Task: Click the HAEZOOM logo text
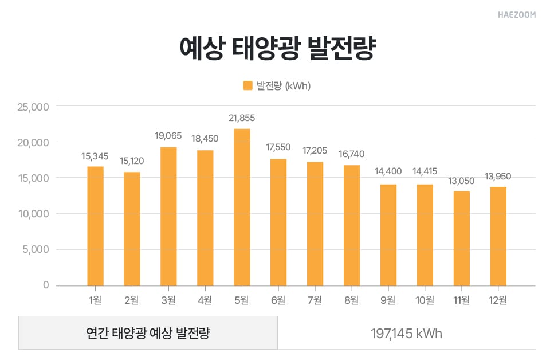point(516,15)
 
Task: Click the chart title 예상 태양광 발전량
point(277,49)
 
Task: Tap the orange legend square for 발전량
point(247,85)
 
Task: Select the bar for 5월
point(242,206)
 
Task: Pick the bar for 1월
point(95,225)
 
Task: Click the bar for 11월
point(462,238)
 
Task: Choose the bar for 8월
point(352,225)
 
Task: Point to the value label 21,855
point(242,118)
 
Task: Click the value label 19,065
point(168,136)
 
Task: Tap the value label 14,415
point(425,171)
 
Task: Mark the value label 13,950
point(498,177)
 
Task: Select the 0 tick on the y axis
point(46,285)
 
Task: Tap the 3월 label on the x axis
point(168,300)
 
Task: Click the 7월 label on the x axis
point(315,300)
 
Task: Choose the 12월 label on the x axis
point(498,300)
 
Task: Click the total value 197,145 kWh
point(406,333)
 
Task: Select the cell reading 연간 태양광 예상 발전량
point(148,333)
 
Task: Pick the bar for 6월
point(278,222)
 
